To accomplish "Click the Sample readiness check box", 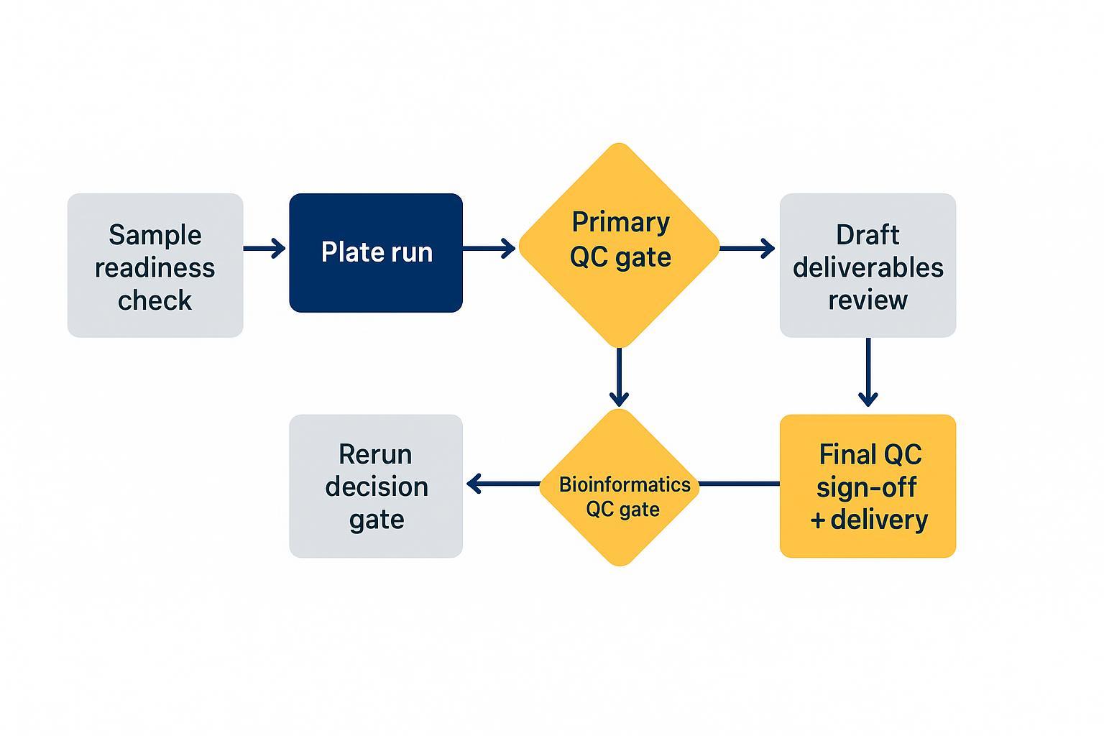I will click(x=155, y=265).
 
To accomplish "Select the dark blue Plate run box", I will click(x=375, y=252).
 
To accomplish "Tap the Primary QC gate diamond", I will click(x=619, y=244).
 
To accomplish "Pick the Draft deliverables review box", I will click(x=868, y=265).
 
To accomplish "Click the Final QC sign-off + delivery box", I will click(x=868, y=486).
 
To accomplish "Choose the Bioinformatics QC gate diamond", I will click(x=619, y=487).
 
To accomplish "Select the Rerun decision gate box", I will click(x=375, y=486).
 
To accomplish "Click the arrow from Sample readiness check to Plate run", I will click(x=264, y=249).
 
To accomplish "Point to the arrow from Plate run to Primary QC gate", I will click(x=489, y=249).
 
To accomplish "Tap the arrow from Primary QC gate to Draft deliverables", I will click(x=747, y=249).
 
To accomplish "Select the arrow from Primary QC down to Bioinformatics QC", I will click(x=619, y=377).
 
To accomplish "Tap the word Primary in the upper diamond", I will click(x=620, y=222).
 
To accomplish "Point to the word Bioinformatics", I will click(x=625, y=484).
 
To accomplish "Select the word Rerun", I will click(x=375, y=454).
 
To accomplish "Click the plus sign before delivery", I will click(x=817, y=520).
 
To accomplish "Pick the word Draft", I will click(x=868, y=235).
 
